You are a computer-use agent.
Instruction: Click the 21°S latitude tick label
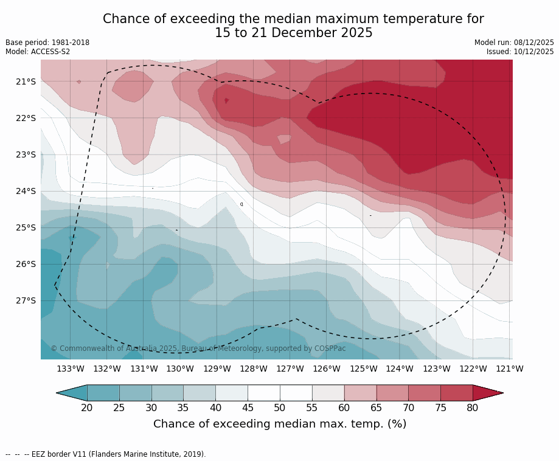coord(26,81)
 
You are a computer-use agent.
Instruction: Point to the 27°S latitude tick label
coord(26,300)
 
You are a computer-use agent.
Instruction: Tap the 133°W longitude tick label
coord(70,369)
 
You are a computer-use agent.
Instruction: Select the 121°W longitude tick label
coord(509,369)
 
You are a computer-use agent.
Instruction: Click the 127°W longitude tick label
coord(290,369)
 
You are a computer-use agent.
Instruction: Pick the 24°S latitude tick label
coord(26,191)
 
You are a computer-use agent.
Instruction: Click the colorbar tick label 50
coord(280,407)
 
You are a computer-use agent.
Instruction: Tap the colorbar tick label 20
coord(87,407)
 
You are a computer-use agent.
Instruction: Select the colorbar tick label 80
coord(473,407)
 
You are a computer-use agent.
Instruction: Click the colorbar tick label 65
coord(376,407)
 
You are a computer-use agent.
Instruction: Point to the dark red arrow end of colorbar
coord(487,393)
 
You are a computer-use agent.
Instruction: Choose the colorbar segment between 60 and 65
coord(360,393)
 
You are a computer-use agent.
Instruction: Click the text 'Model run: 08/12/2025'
coord(514,43)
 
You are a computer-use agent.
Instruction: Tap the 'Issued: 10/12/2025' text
coord(520,52)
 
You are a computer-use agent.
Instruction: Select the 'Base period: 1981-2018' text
coord(47,43)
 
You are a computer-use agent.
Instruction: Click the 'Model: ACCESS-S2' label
coord(38,52)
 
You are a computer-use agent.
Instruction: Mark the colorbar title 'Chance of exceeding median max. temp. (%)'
coord(280,424)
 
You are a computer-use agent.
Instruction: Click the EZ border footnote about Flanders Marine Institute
coord(106,454)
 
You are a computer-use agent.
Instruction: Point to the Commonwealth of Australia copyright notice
coord(198,348)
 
